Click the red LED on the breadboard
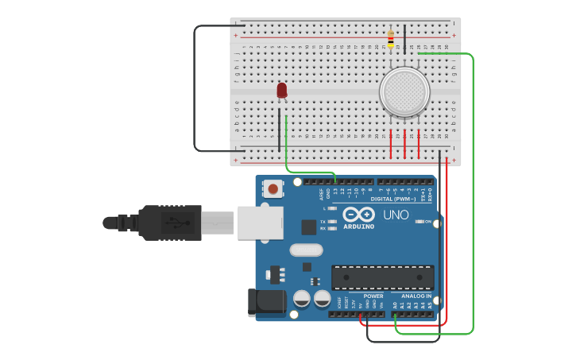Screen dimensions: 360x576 coord(282,91)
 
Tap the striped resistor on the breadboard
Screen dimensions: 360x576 coord(390,38)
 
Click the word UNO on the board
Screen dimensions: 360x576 coord(396,215)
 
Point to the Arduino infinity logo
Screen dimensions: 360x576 coord(358,214)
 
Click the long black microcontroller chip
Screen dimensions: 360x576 coord(383,277)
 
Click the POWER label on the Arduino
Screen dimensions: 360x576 coord(373,296)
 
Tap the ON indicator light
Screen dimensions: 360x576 coord(421,222)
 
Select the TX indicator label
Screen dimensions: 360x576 coord(323,222)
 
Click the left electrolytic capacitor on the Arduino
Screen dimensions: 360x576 coord(302,299)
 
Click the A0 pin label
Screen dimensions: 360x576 coord(395,305)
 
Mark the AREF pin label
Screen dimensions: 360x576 coord(322,193)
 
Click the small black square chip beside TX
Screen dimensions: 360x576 coord(309,227)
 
